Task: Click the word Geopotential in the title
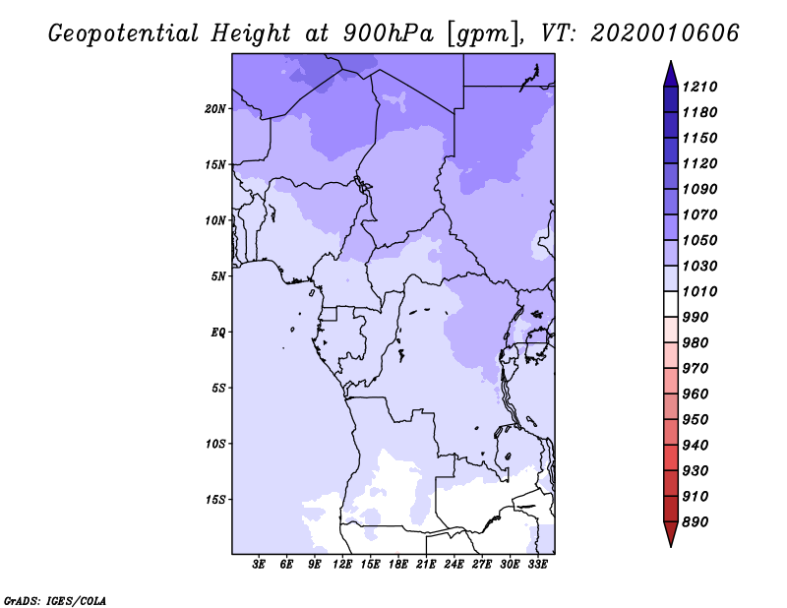coord(124,33)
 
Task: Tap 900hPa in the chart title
coord(388,33)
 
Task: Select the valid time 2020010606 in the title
coord(665,33)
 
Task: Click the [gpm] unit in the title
coord(483,34)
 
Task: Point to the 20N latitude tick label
coord(215,109)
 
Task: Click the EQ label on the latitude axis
coord(217,333)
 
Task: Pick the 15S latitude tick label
coord(215,500)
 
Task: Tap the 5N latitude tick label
coord(218,276)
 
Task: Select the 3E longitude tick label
coord(259,565)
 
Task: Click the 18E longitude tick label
coord(398,565)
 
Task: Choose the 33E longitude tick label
coord(537,565)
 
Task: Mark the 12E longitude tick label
coord(342,565)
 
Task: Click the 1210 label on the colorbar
coord(699,87)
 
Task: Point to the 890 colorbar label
coord(696,522)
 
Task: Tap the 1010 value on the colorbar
coord(699,291)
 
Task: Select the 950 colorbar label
coord(696,420)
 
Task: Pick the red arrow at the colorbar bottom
coord(671,533)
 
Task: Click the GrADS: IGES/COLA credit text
coord(55,601)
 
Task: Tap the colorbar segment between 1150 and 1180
coord(671,126)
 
